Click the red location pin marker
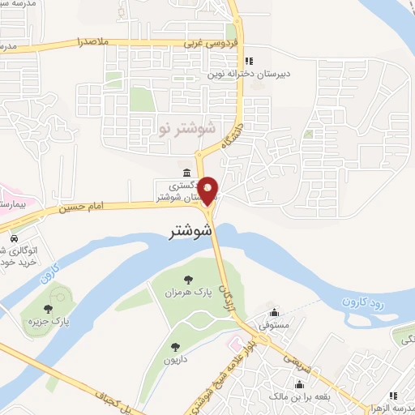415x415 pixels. click(208, 190)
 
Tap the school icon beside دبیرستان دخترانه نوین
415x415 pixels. click(250, 60)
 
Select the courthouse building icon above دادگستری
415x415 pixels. click(187, 173)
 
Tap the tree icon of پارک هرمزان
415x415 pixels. click(189, 280)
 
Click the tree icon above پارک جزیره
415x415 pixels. click(49, 308)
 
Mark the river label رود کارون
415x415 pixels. click(354, 304)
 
